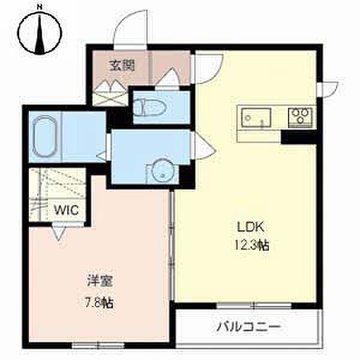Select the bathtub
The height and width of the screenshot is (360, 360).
tap(44, 137)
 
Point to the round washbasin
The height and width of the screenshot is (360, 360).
tap(163, 170)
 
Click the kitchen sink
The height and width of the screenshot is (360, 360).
tap(256, 118)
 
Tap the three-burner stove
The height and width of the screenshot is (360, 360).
tap(301, 117)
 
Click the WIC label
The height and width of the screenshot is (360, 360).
tap(67, 209)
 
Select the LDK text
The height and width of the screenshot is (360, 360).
tap(250, 227)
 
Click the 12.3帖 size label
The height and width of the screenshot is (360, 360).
tap(251, 245)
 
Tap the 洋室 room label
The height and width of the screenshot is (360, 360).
tap(100, 281)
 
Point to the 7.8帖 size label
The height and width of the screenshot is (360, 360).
tap(100, 303)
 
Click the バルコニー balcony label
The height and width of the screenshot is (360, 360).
tap(248, 326)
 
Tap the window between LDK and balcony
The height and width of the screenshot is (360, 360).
tap(254, 306)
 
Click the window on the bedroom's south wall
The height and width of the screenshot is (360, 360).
tap(98, 345)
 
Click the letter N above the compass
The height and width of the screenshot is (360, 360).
tap(40, 7)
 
